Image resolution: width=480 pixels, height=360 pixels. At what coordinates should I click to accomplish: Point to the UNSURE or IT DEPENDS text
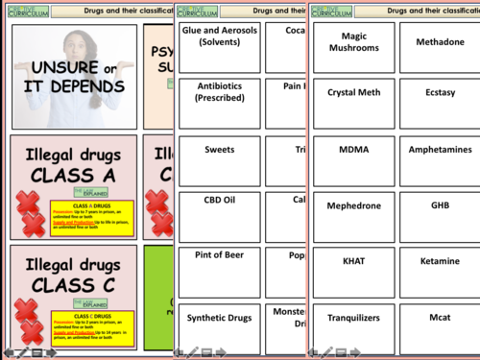coord(74,77)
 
